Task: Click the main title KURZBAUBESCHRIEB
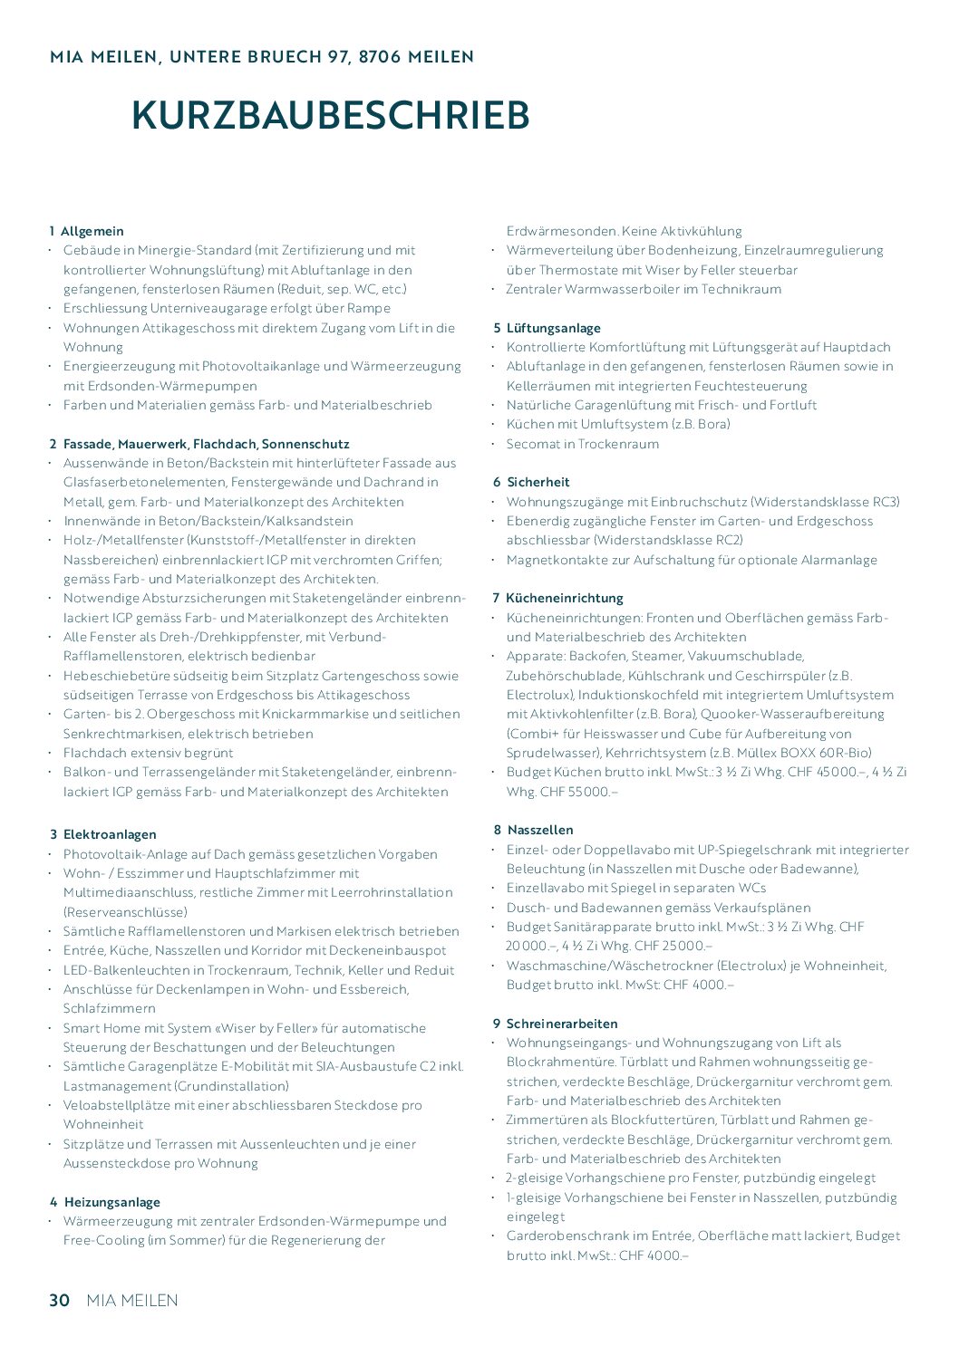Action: click(x=331, y=115)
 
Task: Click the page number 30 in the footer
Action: click(x=59, y=1300)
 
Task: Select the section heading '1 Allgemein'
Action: click(x=87, y=231)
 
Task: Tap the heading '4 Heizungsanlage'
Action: click(x=105, y=1202)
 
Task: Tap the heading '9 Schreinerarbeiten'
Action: click(x=555, y=1024)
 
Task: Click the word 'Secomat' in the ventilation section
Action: click(x=532, y=444)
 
